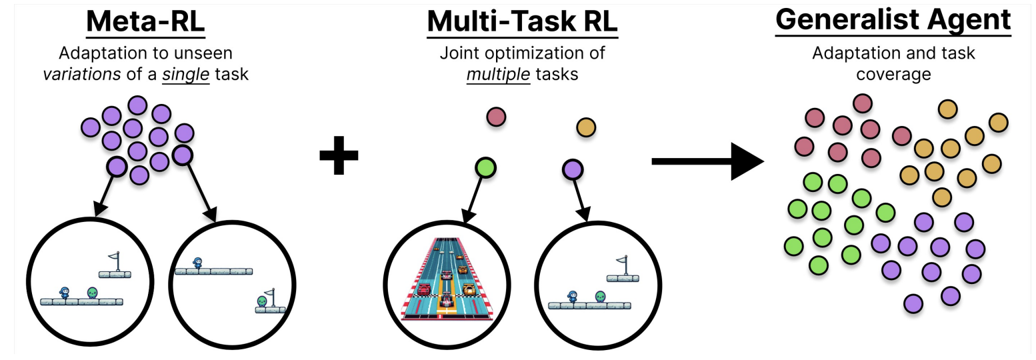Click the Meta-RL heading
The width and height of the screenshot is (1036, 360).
tap(145, 23)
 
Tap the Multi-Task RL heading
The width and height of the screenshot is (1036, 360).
tap(522, 23)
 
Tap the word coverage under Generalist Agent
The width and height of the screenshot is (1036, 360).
tap(893, 74)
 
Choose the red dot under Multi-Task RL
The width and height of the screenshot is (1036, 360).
tap(496, 117)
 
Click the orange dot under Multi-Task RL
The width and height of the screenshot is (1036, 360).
tap(585, 127)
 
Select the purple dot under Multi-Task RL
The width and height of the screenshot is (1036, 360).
tap(573, 169)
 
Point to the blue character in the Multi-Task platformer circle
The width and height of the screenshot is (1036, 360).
tap(572, 296)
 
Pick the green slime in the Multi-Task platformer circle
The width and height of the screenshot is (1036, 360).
tap(600, 296)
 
